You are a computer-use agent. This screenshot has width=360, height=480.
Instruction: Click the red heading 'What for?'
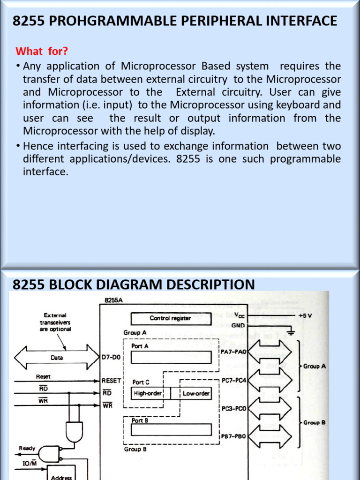click(42, 51)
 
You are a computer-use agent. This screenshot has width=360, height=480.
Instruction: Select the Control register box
click(170, 318)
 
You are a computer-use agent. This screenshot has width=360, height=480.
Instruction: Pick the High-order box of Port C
click(147, 393)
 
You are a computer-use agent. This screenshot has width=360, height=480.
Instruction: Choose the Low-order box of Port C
click(196, 393)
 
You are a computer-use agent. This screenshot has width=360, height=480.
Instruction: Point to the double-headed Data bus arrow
click(57, 358)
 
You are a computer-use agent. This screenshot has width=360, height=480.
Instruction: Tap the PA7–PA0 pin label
click(233, 351)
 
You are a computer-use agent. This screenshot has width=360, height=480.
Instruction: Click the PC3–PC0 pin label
click(233, 408)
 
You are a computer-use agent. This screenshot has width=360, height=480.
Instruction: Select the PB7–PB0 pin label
click(233, 436)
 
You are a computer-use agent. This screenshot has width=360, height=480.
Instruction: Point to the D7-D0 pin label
click(111, 358)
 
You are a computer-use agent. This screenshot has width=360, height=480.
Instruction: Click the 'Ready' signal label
click(27, 448)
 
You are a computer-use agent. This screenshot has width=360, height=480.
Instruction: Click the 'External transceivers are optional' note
click(55, 322)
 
